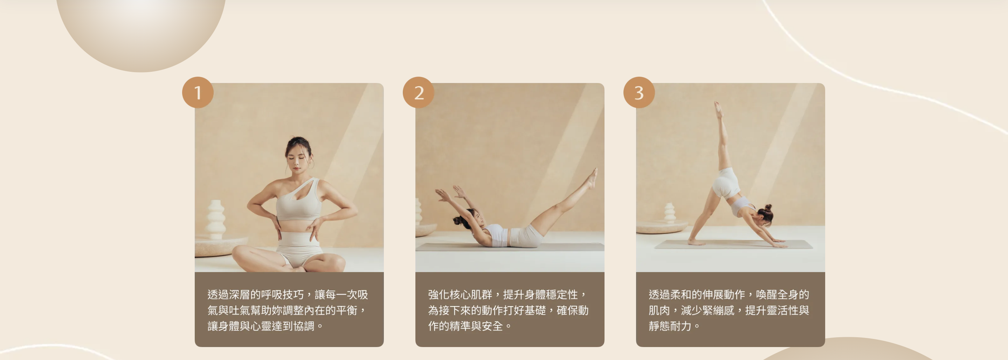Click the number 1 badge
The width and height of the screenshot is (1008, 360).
point(198,92)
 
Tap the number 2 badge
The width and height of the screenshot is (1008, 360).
point(418,92)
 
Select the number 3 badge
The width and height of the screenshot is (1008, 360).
point(639,92)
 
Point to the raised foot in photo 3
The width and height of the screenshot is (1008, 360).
point(718,110)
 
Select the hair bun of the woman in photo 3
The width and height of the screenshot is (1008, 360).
point(768,207)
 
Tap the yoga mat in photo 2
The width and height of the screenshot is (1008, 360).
point(510,247)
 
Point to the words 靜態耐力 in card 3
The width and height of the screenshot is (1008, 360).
point(670,326)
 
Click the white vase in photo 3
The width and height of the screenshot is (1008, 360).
point(670,213)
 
